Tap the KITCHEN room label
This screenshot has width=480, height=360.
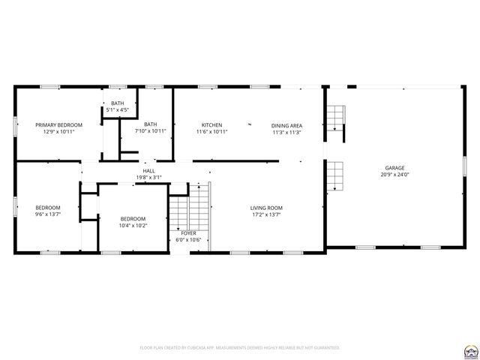[x=211, y=125]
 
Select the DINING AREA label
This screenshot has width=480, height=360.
[x=286, y=125]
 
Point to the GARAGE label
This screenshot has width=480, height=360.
[x=395, y=168]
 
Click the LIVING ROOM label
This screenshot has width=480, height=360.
[x=266, y=208]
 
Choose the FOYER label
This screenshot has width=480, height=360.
[x=188, y=233]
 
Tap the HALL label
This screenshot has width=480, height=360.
[x=148, y=171]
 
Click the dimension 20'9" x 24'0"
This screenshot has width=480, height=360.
[x=395, y=175]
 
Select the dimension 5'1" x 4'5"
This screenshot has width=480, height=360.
[x=118, y=109]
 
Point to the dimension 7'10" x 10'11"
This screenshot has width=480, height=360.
[x=151, y=131]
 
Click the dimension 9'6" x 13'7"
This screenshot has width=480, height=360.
[x=48, y=214]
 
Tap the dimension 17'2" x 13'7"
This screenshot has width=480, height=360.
[x=266, y=214]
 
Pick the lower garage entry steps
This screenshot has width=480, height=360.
[x=335, y=177]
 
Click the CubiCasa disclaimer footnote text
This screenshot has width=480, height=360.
[x=240, y=348]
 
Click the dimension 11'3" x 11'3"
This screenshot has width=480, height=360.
[x=286, y=132]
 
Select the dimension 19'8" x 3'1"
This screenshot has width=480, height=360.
[x=148, y=177]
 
